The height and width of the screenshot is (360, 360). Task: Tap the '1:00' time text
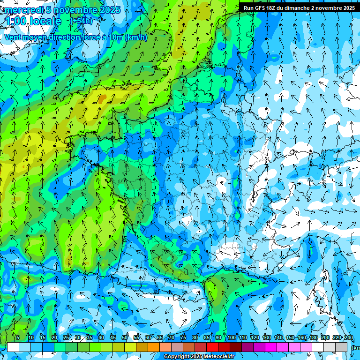[15, 21]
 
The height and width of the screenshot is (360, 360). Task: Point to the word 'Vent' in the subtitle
[14, 37]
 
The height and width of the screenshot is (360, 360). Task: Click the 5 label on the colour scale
[17, 338]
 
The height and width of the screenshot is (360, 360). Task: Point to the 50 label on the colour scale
[125, 338]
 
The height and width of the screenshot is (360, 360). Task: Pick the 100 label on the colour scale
[231, 338]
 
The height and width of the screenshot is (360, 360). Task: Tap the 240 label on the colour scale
[348, 338]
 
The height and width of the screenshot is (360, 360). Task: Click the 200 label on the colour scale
[325, 338]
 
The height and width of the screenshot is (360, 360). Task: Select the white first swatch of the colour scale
[13, 347]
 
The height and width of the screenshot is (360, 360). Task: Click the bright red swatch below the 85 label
[212, 347]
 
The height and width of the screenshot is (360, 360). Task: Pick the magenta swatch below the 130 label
[271, 347]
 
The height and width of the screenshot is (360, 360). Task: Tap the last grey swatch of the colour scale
[341, 347]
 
